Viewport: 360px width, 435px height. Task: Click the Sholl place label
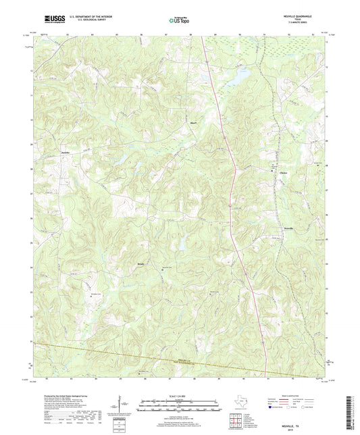coord(192,124)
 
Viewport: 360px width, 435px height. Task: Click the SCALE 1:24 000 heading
coord(179,397)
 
